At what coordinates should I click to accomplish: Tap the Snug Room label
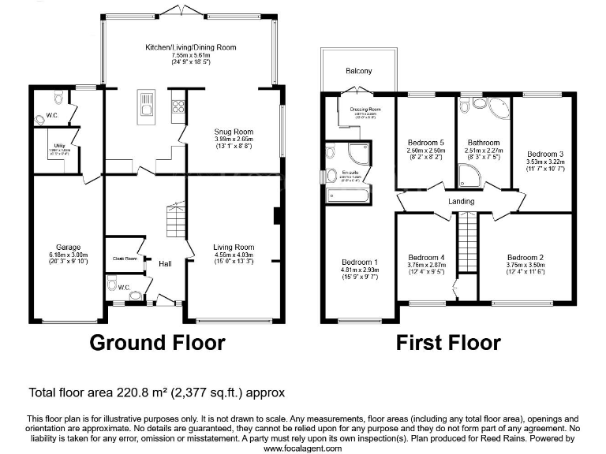pyautogui.click(x=234, y=132)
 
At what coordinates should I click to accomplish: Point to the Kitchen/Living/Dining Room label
pyautogui.click(x=190, y=47)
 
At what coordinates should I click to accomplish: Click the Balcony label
pyautogui.click(x=358, y=71)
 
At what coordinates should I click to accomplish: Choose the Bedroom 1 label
pyautogui.click(x=359, y=262)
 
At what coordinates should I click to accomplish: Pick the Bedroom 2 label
pyautogui.click(x=526, y=258)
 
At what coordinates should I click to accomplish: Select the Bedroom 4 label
pyautogui.click(x=427, y=258)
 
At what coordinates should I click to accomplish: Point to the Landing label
pyautogui.click(x=461, y=202)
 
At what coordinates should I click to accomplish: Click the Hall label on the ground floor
pyautogui.click(x=166, y=263)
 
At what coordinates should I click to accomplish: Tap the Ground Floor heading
pyautogui.click(x=157, y=343)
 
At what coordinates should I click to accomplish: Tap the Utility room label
pyautogui.click(x=58, y=145)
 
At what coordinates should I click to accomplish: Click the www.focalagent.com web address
pyautogui.click(x=302, y=448)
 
